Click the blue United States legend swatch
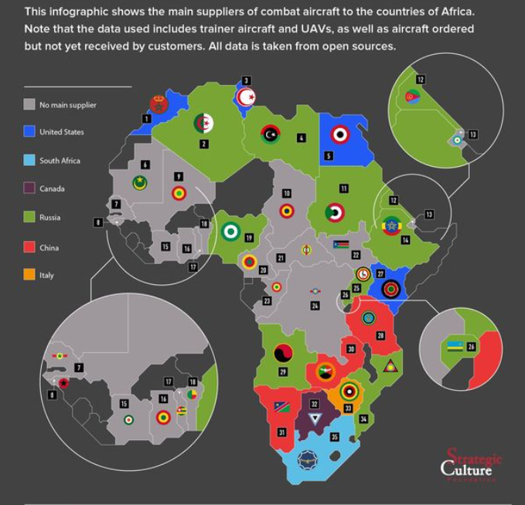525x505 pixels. point(29,132)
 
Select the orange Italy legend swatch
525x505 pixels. point(29,275)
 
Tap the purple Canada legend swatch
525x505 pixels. point(29,188)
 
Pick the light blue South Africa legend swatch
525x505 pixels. point(29,161)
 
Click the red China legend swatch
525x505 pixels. point(29,247)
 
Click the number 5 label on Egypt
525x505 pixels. point(329,156)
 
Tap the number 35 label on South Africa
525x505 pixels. point(334,437)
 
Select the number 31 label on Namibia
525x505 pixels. point(281,432)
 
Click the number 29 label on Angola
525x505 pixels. point(283,372)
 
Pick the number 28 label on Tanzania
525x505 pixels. point(380,335)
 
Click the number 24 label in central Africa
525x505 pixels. point(315,306)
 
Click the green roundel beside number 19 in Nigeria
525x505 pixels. point(230,230)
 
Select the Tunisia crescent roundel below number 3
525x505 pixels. point(247,97)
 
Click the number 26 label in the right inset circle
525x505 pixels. point(472,347)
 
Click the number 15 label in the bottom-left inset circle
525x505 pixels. point(124,404)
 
